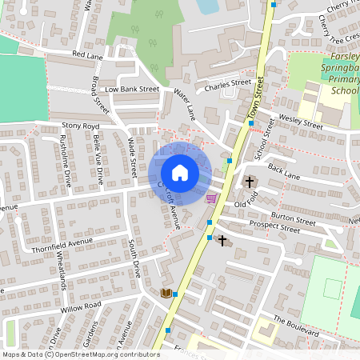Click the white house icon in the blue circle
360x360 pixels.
pos(180,173)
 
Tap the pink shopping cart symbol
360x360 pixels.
pos(210,199)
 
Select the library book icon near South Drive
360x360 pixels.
pos(166,293)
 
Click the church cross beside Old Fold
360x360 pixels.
pos(249,182)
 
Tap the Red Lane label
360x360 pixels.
pos(88,54)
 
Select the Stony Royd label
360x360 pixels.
pos(80,126)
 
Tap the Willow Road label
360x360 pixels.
pos(80,306)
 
